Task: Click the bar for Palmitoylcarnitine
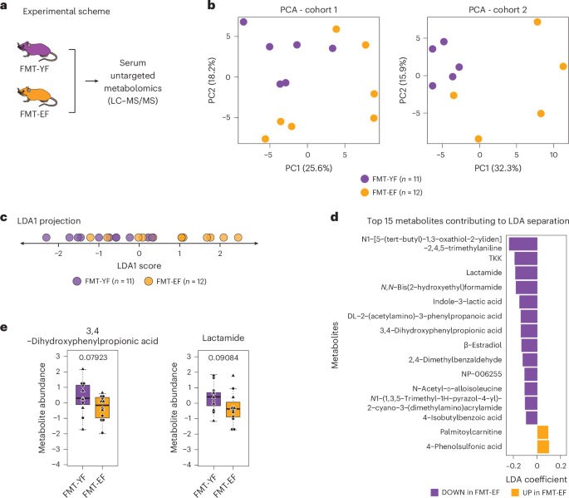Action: coord(542,431)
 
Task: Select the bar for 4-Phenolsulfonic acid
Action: coord(542,447)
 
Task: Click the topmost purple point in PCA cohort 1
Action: coord(243,22)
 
